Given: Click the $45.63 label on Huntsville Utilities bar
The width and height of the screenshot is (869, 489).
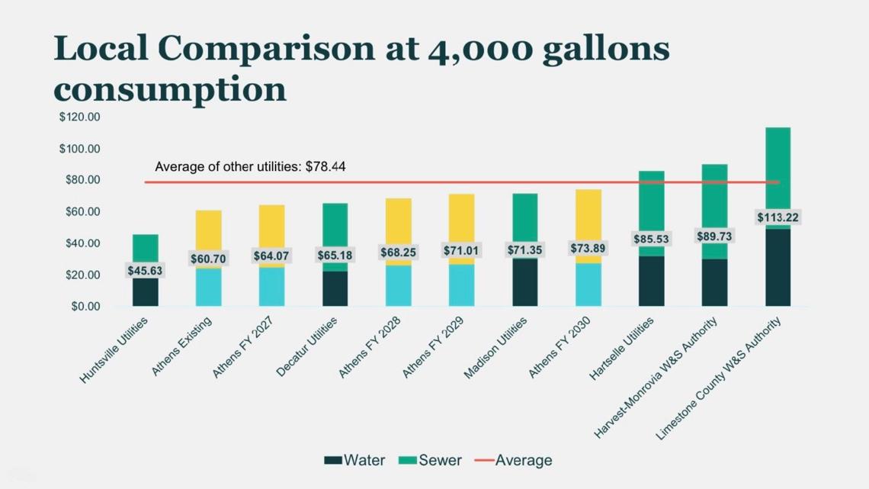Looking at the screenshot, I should (145, 271).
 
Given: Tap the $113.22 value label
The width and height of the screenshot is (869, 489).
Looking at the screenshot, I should (778, 217).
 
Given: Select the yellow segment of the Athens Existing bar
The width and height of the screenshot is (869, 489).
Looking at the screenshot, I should (208, 229).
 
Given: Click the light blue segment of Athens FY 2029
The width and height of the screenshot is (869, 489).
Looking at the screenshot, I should (461, 285).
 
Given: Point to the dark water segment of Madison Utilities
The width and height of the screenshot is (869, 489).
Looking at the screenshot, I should (524, 282).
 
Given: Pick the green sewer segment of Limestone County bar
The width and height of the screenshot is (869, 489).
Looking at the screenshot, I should (778, 168).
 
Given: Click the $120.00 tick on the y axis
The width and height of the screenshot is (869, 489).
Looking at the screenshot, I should (80, 117).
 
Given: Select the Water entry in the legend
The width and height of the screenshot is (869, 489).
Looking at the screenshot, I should (354, 460).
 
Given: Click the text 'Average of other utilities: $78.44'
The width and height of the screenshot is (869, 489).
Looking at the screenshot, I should (250, 166).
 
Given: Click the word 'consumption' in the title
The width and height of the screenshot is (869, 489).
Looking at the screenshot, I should (170, 88).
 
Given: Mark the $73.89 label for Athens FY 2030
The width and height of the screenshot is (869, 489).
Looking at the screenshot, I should (588, 248).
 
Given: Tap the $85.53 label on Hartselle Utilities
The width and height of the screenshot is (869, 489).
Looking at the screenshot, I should (651, 239).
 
